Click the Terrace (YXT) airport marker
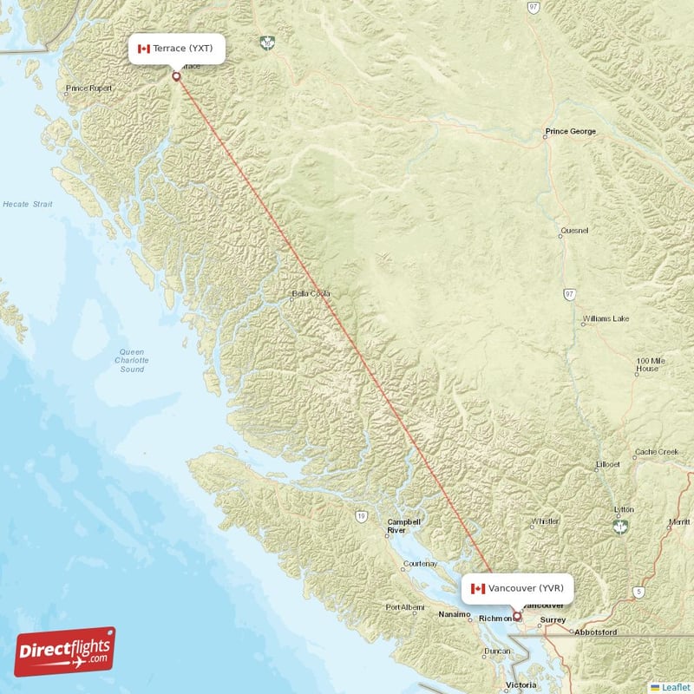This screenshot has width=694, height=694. (x=177, y=76)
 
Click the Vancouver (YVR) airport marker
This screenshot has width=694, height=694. (x=518, y=617)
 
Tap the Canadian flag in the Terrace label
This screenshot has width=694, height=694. (x=144, y=49)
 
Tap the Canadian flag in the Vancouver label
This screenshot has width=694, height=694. (x=476, y=588)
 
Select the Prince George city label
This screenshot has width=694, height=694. (x=570, y=132)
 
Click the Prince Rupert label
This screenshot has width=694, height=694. (x=88, y=88)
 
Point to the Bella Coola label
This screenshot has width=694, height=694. (x=311, y=293)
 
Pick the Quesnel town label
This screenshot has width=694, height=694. (x=574, y=230)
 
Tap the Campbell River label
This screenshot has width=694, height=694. (x=403, y=526)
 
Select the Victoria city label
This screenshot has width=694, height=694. (x=520, y=685)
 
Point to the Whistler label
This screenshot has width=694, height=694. (x=545, y=521)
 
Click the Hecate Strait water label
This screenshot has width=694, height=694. (x=27, y=204)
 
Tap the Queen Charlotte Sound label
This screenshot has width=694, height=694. (x=132, y=360)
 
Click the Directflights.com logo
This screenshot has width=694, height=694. (x=65, y=651)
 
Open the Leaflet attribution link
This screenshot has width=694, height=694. (x=675, y=686)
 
